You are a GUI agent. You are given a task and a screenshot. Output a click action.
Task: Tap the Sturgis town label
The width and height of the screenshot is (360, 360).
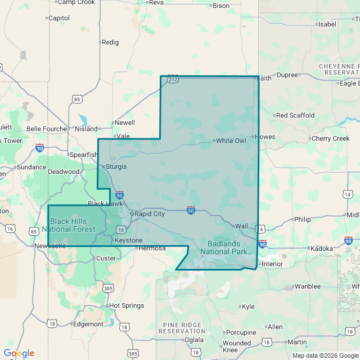(x=116, y=166)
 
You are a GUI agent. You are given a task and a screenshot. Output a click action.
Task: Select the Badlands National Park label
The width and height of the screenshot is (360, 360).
(x=224, y=247)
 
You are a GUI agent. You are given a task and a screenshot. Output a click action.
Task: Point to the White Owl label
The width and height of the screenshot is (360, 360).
(x=231, y=141)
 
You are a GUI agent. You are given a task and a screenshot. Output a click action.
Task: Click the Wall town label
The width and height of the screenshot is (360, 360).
(x=241, y=226)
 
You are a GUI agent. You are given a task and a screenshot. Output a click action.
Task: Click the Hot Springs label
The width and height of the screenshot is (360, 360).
(x=127, y=305)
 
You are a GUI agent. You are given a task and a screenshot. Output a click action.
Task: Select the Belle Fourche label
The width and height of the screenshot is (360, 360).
(x=47, y=128)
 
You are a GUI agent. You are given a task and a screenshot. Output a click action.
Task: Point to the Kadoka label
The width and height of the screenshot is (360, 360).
(x=322, y=248)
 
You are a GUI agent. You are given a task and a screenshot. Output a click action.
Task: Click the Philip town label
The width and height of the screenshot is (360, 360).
(x=302, y=219)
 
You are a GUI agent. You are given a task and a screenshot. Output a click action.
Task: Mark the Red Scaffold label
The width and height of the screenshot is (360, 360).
(x=295, y=115)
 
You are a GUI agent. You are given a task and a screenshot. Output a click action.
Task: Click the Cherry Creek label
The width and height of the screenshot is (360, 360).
(x=330, y=138)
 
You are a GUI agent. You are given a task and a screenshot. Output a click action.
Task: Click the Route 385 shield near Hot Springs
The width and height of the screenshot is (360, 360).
(x=109, y=288)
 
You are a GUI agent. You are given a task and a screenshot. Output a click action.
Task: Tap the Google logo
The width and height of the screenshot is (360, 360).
(x=19, y=353)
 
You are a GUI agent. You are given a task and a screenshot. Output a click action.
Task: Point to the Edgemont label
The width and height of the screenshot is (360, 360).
(x=88, y=324)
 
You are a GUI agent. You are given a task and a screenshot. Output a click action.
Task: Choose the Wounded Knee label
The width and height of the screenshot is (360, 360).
(x=237, y=346)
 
